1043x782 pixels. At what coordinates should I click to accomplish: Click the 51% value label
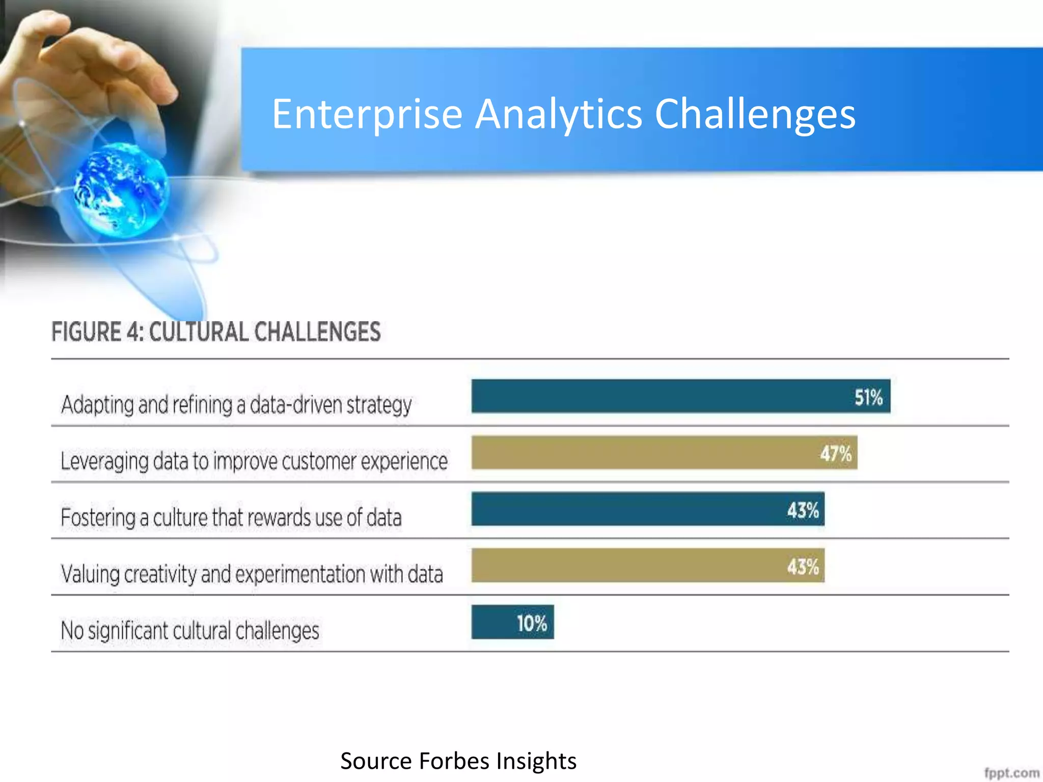coord(868,397)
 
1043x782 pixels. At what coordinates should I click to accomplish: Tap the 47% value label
coord(835,453)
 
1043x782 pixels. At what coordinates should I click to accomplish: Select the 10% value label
coord(532,623)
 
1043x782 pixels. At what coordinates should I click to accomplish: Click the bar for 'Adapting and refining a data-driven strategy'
coord(662,396)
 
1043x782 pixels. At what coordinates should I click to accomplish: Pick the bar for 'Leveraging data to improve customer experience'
coord(642,453)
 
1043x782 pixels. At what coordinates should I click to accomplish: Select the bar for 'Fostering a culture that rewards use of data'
coord(626,509)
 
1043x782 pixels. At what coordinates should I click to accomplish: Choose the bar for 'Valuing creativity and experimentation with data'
coord(626,566)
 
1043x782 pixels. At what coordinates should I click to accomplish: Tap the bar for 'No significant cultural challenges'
coord(494,622)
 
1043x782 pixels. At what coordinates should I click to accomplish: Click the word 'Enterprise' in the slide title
coord(367,115)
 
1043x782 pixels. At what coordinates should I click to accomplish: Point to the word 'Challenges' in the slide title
coord(755,115)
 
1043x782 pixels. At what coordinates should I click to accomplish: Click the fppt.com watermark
coord(1011,773)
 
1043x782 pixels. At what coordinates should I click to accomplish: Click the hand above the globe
coord(97,66)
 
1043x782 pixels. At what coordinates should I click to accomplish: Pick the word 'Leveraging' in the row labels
coord(104,461)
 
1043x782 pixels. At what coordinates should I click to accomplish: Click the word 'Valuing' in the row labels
coord(90,574)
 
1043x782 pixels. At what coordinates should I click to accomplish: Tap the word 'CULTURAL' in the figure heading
coord(199,332)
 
